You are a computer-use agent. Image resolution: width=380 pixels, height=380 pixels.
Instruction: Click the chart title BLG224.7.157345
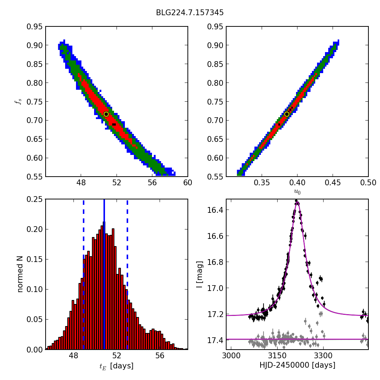190,13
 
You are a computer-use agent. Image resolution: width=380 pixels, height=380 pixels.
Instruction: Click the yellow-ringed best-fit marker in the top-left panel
106,114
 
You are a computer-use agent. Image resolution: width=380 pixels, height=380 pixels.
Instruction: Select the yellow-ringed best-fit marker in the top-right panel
287,114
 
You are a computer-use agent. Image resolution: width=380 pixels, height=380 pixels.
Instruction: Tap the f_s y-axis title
18,102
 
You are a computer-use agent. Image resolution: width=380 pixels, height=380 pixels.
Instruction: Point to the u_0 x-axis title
297,192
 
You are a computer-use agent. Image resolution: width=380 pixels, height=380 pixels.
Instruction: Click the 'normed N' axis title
20,274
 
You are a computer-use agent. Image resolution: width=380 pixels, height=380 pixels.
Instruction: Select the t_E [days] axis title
117,366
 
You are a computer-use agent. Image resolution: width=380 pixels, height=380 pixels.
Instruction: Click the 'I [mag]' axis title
199,274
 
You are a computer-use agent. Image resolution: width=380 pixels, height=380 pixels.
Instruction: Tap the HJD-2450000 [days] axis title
297,366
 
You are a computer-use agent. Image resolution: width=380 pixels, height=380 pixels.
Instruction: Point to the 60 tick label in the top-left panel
187,183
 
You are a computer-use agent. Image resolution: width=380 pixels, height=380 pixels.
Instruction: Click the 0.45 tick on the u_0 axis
333,183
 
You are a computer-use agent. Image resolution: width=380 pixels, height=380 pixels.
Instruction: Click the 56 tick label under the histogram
160,356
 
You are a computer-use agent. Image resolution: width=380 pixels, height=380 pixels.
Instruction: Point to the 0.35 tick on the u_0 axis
262,183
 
